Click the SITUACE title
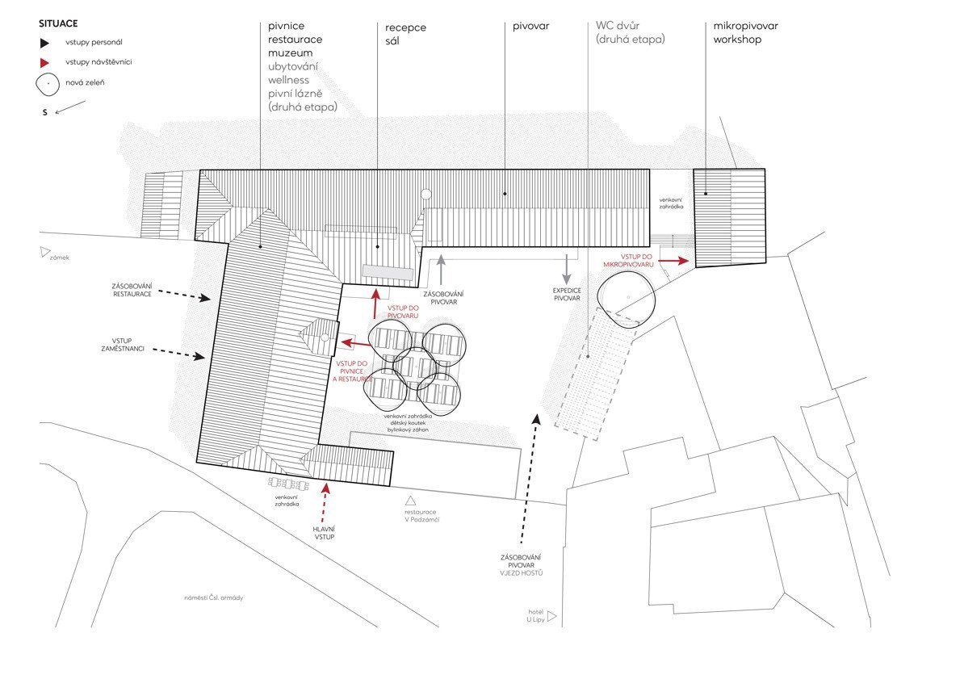click(x=58, y=24)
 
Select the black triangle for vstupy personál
click(x=44, y=43)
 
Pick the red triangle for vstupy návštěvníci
click(x=44, y=62)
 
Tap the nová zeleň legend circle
click(x=48, y=84)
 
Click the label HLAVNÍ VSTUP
click(x=324, y=533)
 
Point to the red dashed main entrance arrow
click(x=325, y=502)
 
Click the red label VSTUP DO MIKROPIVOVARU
click(x=629, y=261)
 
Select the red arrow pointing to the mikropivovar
click(x=673, y=261)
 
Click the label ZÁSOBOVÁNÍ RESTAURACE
click(x=132, y=290)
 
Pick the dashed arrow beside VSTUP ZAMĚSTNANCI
click(x=178, y=354)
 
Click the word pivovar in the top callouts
click(x=530, y=27)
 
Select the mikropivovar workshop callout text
click(x=746, y=32)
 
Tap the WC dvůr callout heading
click(x=618, y=26)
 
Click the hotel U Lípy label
click(x=536, y=616)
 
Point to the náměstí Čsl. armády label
click(x=214, y=597)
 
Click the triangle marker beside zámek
click(x=44, y=252)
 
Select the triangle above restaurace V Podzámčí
click(x=410, y=501)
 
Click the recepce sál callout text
click(x=405, y=34)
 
